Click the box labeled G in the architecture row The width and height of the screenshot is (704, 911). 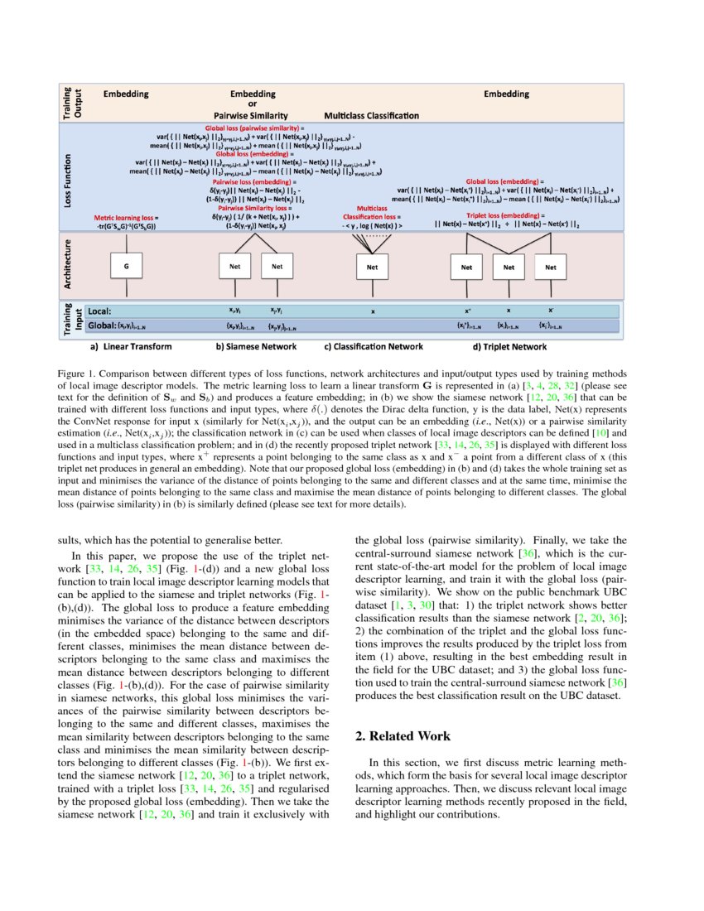point(127,267)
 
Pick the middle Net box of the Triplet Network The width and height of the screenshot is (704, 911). point(509,267)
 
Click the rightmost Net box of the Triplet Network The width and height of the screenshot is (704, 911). point(551,267)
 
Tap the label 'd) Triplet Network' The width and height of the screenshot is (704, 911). point(509,347)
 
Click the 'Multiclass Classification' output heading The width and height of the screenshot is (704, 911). point(371,115)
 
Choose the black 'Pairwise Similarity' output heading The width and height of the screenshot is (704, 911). point(253,115)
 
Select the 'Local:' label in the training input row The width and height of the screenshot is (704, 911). point(101,311)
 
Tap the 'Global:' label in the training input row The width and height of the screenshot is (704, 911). point(103,326)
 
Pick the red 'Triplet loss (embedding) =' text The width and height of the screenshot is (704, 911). point(505,215)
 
